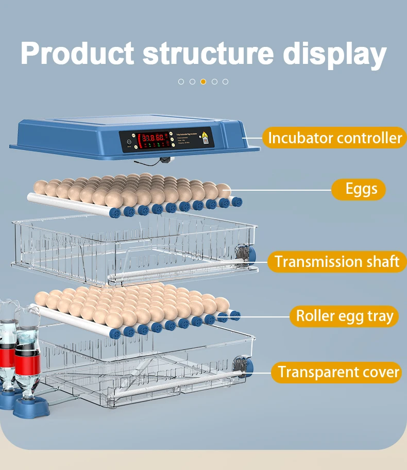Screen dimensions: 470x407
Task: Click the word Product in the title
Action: pyautogui.click(x=77, y=53)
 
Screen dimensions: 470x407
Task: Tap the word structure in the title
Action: pyautogui.click(x=208, y=53)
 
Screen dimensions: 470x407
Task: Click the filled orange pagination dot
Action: pyautogui.click(x=203, y=81)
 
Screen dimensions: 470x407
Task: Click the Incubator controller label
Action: pyautogui.click(x=335, y=138)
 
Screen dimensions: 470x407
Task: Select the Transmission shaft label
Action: pyautogui.click(x=337, y=261)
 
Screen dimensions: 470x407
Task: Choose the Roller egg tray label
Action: pyautogui.click(x=344, y=316)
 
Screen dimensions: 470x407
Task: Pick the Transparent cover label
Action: pyautogui.click(x=338, y=372)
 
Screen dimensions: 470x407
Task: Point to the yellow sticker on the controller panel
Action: pyautogui.click(x=206, y=138)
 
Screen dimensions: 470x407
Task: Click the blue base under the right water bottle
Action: pyautogui.click(x=31, y=407)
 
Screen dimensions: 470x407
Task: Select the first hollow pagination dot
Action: pyautogui.click(x=181, y=81)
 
